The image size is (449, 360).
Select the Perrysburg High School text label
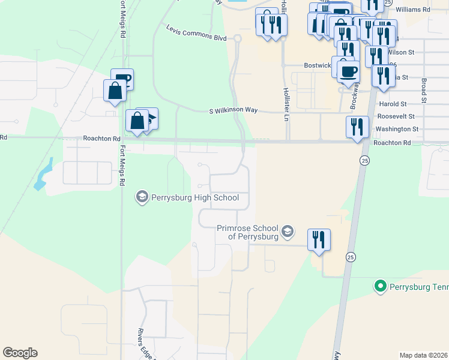click(x=195, y=197)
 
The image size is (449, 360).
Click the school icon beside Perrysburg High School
click(x=142, y=197)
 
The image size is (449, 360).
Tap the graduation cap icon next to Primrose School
click(x=288, y=231)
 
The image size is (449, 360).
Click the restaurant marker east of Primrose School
click(x=319, y=239)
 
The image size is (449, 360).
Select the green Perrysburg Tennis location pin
click(x=379, y=286)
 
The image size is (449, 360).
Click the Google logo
click(x=20, y=353)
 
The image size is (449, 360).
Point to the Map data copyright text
click(x=424, y=355)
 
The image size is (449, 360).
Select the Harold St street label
click(x=393, y=104)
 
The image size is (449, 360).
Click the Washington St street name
click(x=396, y=129)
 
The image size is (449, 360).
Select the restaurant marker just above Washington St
click(x=357, y=127)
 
